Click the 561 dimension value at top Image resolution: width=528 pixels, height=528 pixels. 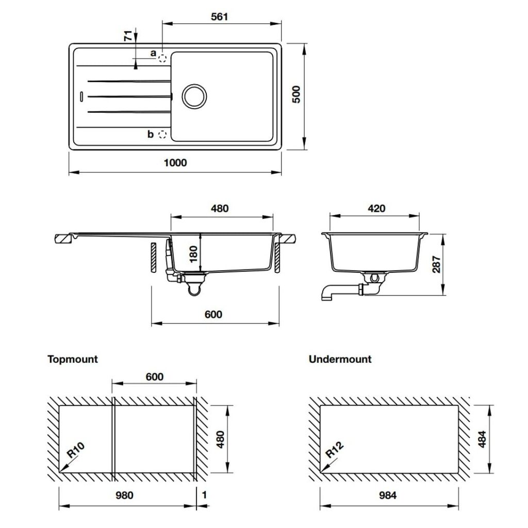click(x=219, y=16)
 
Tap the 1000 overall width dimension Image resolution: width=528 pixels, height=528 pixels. click(x=175, y=162)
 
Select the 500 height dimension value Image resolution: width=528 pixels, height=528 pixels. click(x=296, y=94)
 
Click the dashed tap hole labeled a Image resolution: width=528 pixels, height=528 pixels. click(x=163, y=58)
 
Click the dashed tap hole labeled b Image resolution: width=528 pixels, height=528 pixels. click(x=163, y=134)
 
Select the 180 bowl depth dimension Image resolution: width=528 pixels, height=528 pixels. click(x=193, y=254)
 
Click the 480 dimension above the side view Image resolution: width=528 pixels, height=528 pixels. click(x=219, y=209)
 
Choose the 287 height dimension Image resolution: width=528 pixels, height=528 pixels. click(x=437, y=264)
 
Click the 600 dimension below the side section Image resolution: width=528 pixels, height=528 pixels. click(x=213, y=314)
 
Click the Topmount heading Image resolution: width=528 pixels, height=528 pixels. click(x=73, y=359)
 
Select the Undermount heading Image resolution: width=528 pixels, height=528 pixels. click(x=340, y=359)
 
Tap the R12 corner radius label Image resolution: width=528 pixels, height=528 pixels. click(x=335, y=451)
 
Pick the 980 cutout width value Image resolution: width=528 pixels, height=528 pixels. click(x=124, y=495)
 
